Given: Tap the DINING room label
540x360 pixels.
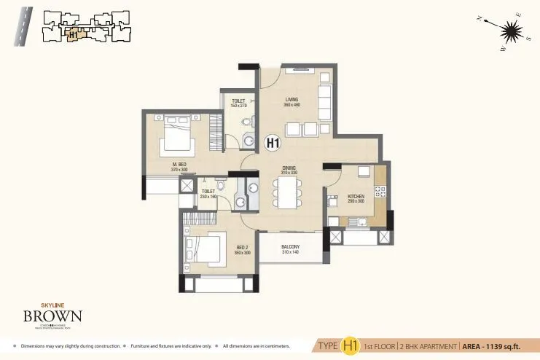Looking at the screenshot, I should click(x=289, y=170).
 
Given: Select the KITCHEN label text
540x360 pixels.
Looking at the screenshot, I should click(x=356, y=197).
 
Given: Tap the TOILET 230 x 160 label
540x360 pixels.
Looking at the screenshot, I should click(x=208, y=194).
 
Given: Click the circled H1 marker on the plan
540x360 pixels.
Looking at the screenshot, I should click(x=273, y=144).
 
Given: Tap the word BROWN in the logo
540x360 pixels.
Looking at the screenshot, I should click(x=52, y=316).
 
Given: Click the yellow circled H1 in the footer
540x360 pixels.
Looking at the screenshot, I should click(x=353, y=345).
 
